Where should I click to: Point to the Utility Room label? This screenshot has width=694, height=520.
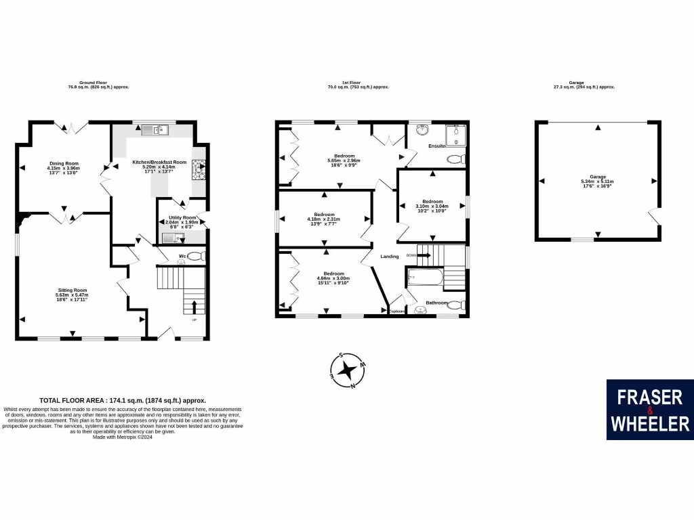click(x=181, y=220)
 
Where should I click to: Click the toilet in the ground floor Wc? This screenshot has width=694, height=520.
click(x=196, y=256)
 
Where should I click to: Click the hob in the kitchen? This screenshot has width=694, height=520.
click(x=200, y=167)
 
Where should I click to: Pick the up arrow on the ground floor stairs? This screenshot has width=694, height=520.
click(x=195, y=306)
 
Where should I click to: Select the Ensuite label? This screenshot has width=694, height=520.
click(x=436, y=146)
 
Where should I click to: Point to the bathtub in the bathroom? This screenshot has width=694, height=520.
click(x=423, y=278)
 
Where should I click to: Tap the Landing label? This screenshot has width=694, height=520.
click(x=390, y=256)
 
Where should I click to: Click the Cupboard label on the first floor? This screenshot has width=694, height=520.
click(x=396, y=311)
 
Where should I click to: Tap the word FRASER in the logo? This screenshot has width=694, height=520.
click(x=649, y=397)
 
